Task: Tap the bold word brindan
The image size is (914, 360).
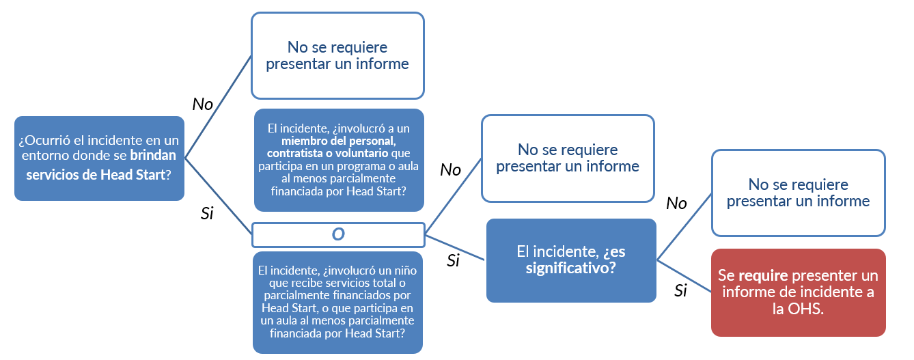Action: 153,155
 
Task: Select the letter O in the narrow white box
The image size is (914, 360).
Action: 338,234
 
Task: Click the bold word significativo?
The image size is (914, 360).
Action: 571,268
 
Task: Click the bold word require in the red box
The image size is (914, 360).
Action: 763,276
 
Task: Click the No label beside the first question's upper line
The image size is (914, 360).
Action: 203,104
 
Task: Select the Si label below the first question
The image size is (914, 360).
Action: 207,213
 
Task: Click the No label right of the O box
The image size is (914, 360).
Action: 450,170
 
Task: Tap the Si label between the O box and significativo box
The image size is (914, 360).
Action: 454,260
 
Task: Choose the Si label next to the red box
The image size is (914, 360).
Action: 680,290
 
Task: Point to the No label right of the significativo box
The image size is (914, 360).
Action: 676,204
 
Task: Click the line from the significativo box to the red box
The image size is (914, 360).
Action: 684,276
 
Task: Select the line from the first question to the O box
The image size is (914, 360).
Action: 219,196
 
